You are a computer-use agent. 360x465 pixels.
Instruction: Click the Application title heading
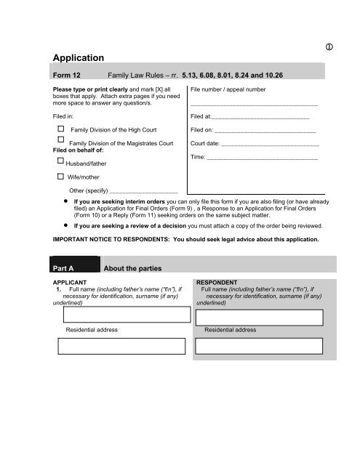click(x=80, y=56)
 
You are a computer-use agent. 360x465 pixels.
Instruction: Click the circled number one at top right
click(x=330, y=47)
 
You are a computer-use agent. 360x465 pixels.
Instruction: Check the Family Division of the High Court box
click(x=60, y=129)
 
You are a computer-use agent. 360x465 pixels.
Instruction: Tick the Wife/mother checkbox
click(x=60, y=177)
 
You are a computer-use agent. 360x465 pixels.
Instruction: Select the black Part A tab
click(x=72, y=266)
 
